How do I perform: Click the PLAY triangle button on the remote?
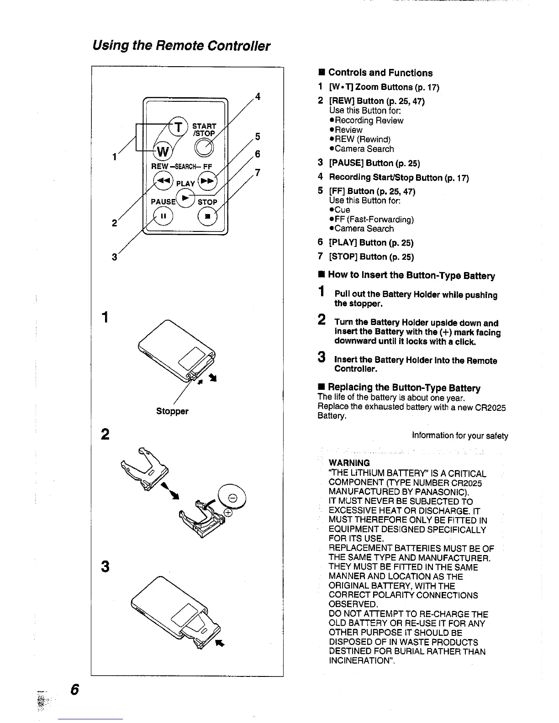(185, 198)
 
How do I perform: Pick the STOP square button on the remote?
(207, 216)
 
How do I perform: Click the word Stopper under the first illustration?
(172, 411)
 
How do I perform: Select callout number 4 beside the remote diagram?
(258, 97)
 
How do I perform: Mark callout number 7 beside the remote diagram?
(258, 173)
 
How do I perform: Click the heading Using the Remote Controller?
(181, 46)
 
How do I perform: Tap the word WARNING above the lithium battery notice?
(349, 463)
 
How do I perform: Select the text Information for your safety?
(460, 436)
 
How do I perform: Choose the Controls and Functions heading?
(380, 73)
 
